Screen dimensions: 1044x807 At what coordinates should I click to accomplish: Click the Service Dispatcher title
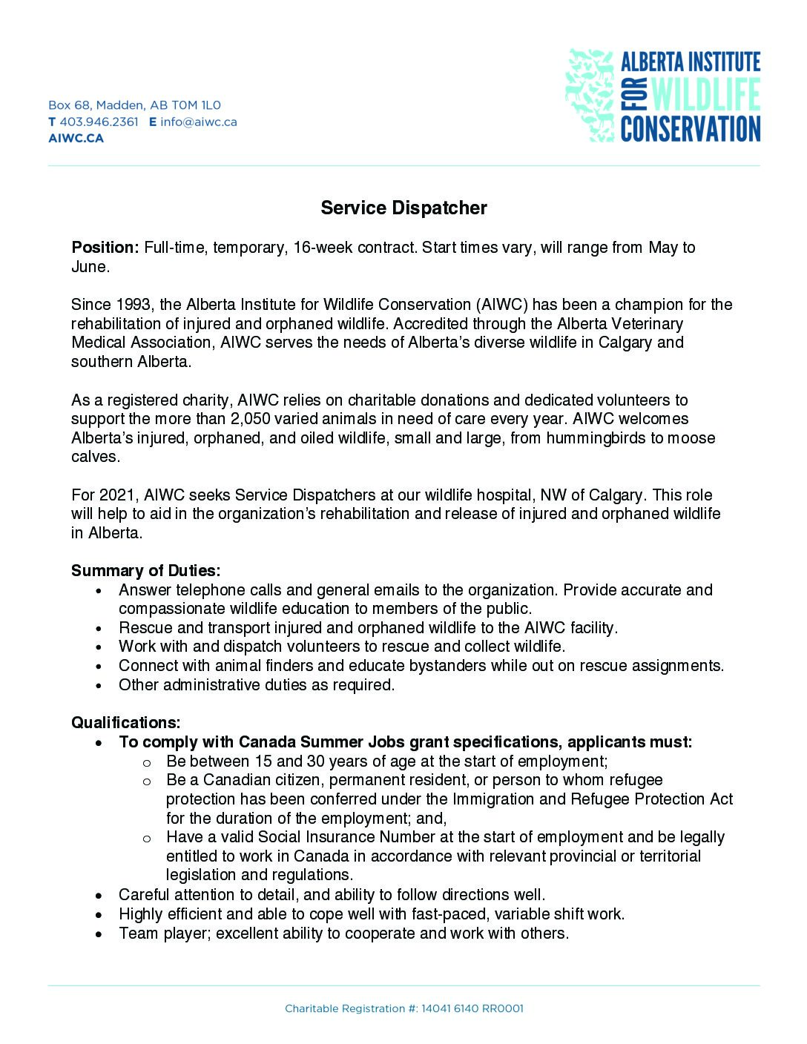click(x=403, y=208)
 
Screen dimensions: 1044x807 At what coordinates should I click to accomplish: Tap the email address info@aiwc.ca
click(x=199, y=122)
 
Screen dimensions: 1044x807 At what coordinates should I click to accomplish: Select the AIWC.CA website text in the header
click(x=76, y=138)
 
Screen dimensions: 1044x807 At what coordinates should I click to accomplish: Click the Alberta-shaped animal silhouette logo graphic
click(x=590, y=95)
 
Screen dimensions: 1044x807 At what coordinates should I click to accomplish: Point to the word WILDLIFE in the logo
click(x=696, y=95)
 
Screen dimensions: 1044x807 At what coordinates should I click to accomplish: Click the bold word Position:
click(x=105, y=248)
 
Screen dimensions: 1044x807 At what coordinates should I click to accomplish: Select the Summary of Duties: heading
click(x=145, y=571)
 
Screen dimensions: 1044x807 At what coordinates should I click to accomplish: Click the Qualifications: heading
click(x=125, y=723)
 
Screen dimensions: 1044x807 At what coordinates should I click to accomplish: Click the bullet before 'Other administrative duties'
click(x=99, y=686)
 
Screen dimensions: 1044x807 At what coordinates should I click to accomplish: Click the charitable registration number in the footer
click(x=472, y=1008)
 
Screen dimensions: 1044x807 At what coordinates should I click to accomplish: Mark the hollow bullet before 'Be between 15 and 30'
click(x=147, y=762)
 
